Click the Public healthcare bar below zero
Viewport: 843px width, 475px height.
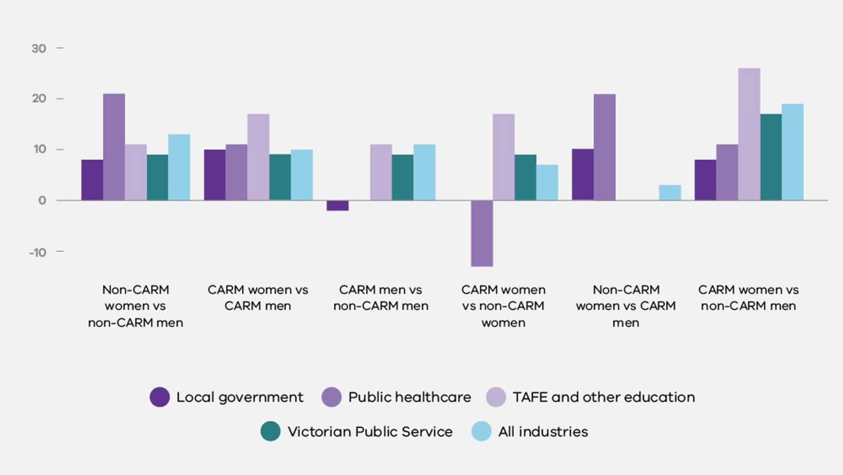[x=481, y=233]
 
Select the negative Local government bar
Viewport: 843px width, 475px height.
[x=338, y=205]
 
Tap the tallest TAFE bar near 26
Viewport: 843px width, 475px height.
[x=749, y=134]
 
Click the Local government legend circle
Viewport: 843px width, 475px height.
[x=160, y=397]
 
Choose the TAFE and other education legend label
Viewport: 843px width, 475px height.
[x=603, y=397]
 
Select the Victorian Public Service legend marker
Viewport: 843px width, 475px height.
[x=270, y=432]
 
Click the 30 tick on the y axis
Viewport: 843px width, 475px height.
[x=38, y=48]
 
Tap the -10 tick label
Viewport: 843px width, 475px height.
[x=38, y=252]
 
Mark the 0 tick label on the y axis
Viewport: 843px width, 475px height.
[x=42, y=200]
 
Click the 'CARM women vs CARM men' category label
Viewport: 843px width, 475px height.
[x=257, y=298]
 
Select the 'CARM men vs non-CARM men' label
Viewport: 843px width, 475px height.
[x=380, y=298]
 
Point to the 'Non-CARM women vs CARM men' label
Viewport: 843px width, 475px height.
[x=626, y=306]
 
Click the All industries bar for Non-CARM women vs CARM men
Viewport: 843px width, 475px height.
[x=670, y=193]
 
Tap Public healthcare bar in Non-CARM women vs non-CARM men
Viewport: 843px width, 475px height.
[x=114, y=147]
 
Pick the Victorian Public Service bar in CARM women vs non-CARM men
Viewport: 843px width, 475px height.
[x=771, y=157]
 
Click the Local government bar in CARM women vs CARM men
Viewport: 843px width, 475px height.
[x=215, y=175]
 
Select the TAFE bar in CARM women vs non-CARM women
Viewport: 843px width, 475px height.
[x=503, y=157]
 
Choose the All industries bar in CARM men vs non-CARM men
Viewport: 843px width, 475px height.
[x=424, y=172]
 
